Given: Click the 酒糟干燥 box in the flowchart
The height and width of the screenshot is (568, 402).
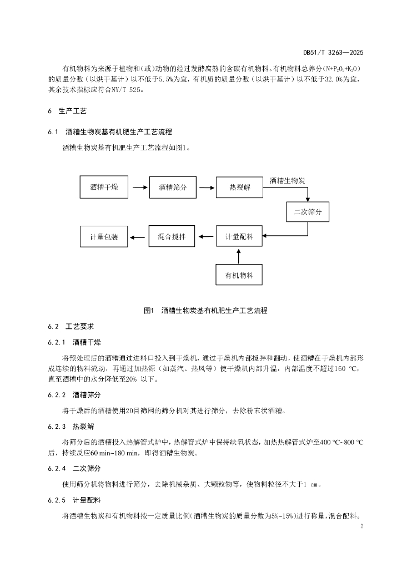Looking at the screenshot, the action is tap(104, 187).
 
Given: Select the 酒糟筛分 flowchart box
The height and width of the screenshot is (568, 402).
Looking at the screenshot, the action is tap(173, 187).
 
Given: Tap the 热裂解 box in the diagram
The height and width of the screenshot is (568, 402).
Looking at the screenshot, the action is tap(240, 187).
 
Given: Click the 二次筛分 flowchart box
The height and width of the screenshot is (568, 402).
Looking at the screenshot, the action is tap(308, 211).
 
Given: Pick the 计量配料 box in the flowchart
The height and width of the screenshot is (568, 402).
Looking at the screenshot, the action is tap(239, 236).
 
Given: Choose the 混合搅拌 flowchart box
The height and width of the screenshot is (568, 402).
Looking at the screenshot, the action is tap(172, 236).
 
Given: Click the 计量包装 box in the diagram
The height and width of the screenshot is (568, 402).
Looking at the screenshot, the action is tap(104, 237).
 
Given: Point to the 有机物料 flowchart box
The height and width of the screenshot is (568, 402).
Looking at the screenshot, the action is tap(239, 275).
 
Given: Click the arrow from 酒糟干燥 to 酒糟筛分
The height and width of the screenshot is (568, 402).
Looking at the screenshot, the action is tap(140, 187).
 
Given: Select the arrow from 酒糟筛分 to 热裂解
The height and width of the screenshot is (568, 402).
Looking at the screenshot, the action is tap(207, 187).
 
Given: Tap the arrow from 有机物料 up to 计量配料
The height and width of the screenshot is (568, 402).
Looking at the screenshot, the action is tap(239, 256).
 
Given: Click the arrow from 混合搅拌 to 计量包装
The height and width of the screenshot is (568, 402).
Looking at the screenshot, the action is tap(138, 237).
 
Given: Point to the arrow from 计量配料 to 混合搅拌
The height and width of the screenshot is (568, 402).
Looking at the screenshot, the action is tap(206, 237).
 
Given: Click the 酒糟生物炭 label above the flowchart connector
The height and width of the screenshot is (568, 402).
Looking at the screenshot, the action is tap(287, 180).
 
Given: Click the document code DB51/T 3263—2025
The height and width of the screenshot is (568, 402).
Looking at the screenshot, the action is tap(333, 53).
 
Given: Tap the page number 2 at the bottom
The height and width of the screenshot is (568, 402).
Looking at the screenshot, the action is tap(362, 526).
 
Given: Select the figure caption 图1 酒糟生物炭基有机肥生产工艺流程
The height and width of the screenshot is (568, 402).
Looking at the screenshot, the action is tap(205, 311).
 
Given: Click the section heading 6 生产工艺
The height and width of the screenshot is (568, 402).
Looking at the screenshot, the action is tap(67, 111).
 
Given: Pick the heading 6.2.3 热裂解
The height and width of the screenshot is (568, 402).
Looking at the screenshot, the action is tap(71, 427).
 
